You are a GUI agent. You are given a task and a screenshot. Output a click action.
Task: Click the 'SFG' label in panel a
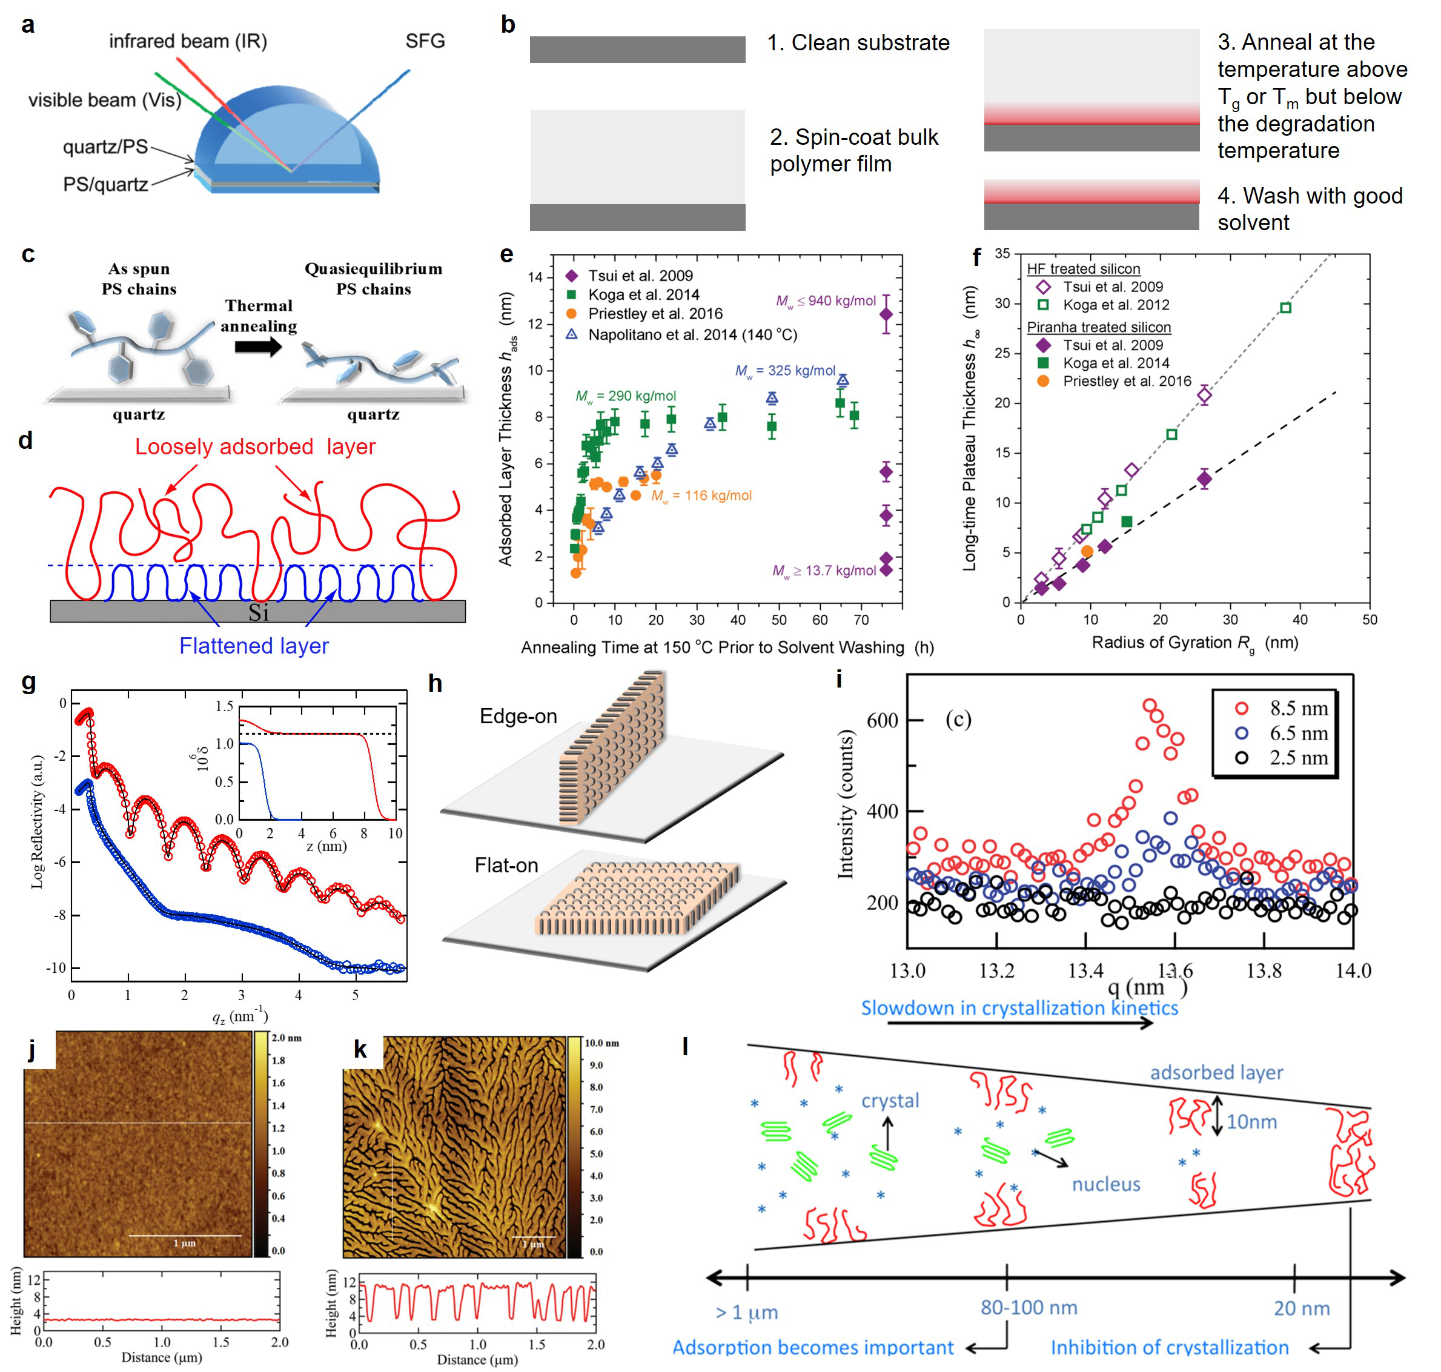point(425,41)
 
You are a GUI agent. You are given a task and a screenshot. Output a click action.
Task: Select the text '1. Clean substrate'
point(858,43)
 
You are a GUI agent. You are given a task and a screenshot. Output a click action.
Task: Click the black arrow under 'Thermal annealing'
point(258,346)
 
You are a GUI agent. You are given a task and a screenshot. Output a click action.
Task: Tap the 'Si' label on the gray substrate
point(258,613)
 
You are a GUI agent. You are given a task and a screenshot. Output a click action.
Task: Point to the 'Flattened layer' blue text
point(254,646)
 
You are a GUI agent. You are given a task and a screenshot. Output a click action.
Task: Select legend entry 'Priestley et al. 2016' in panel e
point(655,314)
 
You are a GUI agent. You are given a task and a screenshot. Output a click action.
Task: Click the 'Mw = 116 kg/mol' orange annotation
point(701,496)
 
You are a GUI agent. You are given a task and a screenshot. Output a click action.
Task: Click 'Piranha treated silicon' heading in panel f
point(1099,327)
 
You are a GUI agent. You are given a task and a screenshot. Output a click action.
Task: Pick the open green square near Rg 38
point(1286,308)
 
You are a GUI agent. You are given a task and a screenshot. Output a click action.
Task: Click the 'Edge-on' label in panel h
point(518,716)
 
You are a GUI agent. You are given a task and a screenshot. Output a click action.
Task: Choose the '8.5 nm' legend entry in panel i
point(1299,708)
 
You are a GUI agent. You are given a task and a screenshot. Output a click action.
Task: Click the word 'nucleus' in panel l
point(1106,1184)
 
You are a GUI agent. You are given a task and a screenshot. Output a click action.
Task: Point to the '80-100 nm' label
point(1029,1307)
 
